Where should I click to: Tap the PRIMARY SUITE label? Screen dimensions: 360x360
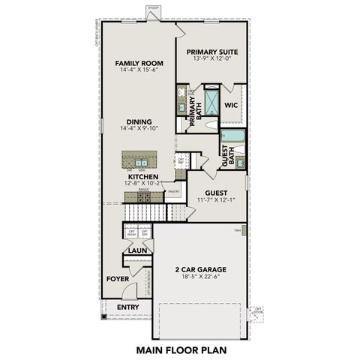(x=212, y=53)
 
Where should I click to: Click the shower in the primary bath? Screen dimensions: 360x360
(x=212, y=101)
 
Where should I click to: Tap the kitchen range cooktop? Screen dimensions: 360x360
(x=144, y=196)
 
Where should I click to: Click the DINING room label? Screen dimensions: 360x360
(x=139, y=122)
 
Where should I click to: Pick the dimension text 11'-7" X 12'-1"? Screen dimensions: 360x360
(x=217, y=200)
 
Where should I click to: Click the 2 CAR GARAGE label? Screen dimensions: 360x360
(x=200, y=269)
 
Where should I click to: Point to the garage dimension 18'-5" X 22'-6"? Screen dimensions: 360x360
(x=200, y=277)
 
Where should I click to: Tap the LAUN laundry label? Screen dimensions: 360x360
(x=136, y=250)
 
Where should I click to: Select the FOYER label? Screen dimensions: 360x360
(x=118, y=278)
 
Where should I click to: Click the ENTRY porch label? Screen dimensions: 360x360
(x=128, y=307)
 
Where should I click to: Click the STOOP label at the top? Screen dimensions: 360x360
(x=154, y=10)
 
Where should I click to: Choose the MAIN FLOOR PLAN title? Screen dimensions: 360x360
(x=180, y=349)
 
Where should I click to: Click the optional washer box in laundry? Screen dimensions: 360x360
(x=131, y=234)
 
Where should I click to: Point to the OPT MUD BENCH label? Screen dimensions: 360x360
(x=149, y=283)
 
